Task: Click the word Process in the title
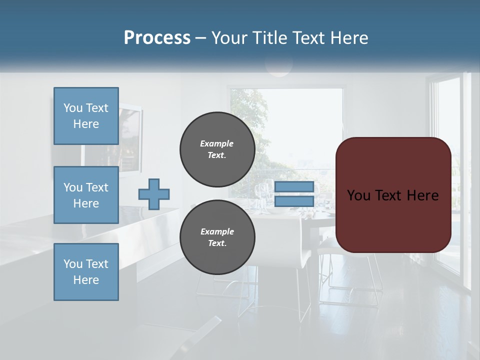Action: pos(157,38)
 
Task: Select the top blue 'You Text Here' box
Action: pos(86,116)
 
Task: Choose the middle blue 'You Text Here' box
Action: pos(86,195)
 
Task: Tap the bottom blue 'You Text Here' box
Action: pos(86,272)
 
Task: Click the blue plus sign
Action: pos(154,194)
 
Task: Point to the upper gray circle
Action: pos(217,149)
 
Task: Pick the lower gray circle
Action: pos(217,237)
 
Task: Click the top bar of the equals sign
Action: pos(294,187)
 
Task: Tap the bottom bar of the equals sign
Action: pos(294,201)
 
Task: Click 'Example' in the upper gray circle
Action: pos(217,143)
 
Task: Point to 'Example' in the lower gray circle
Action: pos(217,231)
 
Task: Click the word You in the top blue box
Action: pos(73,108)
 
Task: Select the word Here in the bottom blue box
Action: pos(86,280)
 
